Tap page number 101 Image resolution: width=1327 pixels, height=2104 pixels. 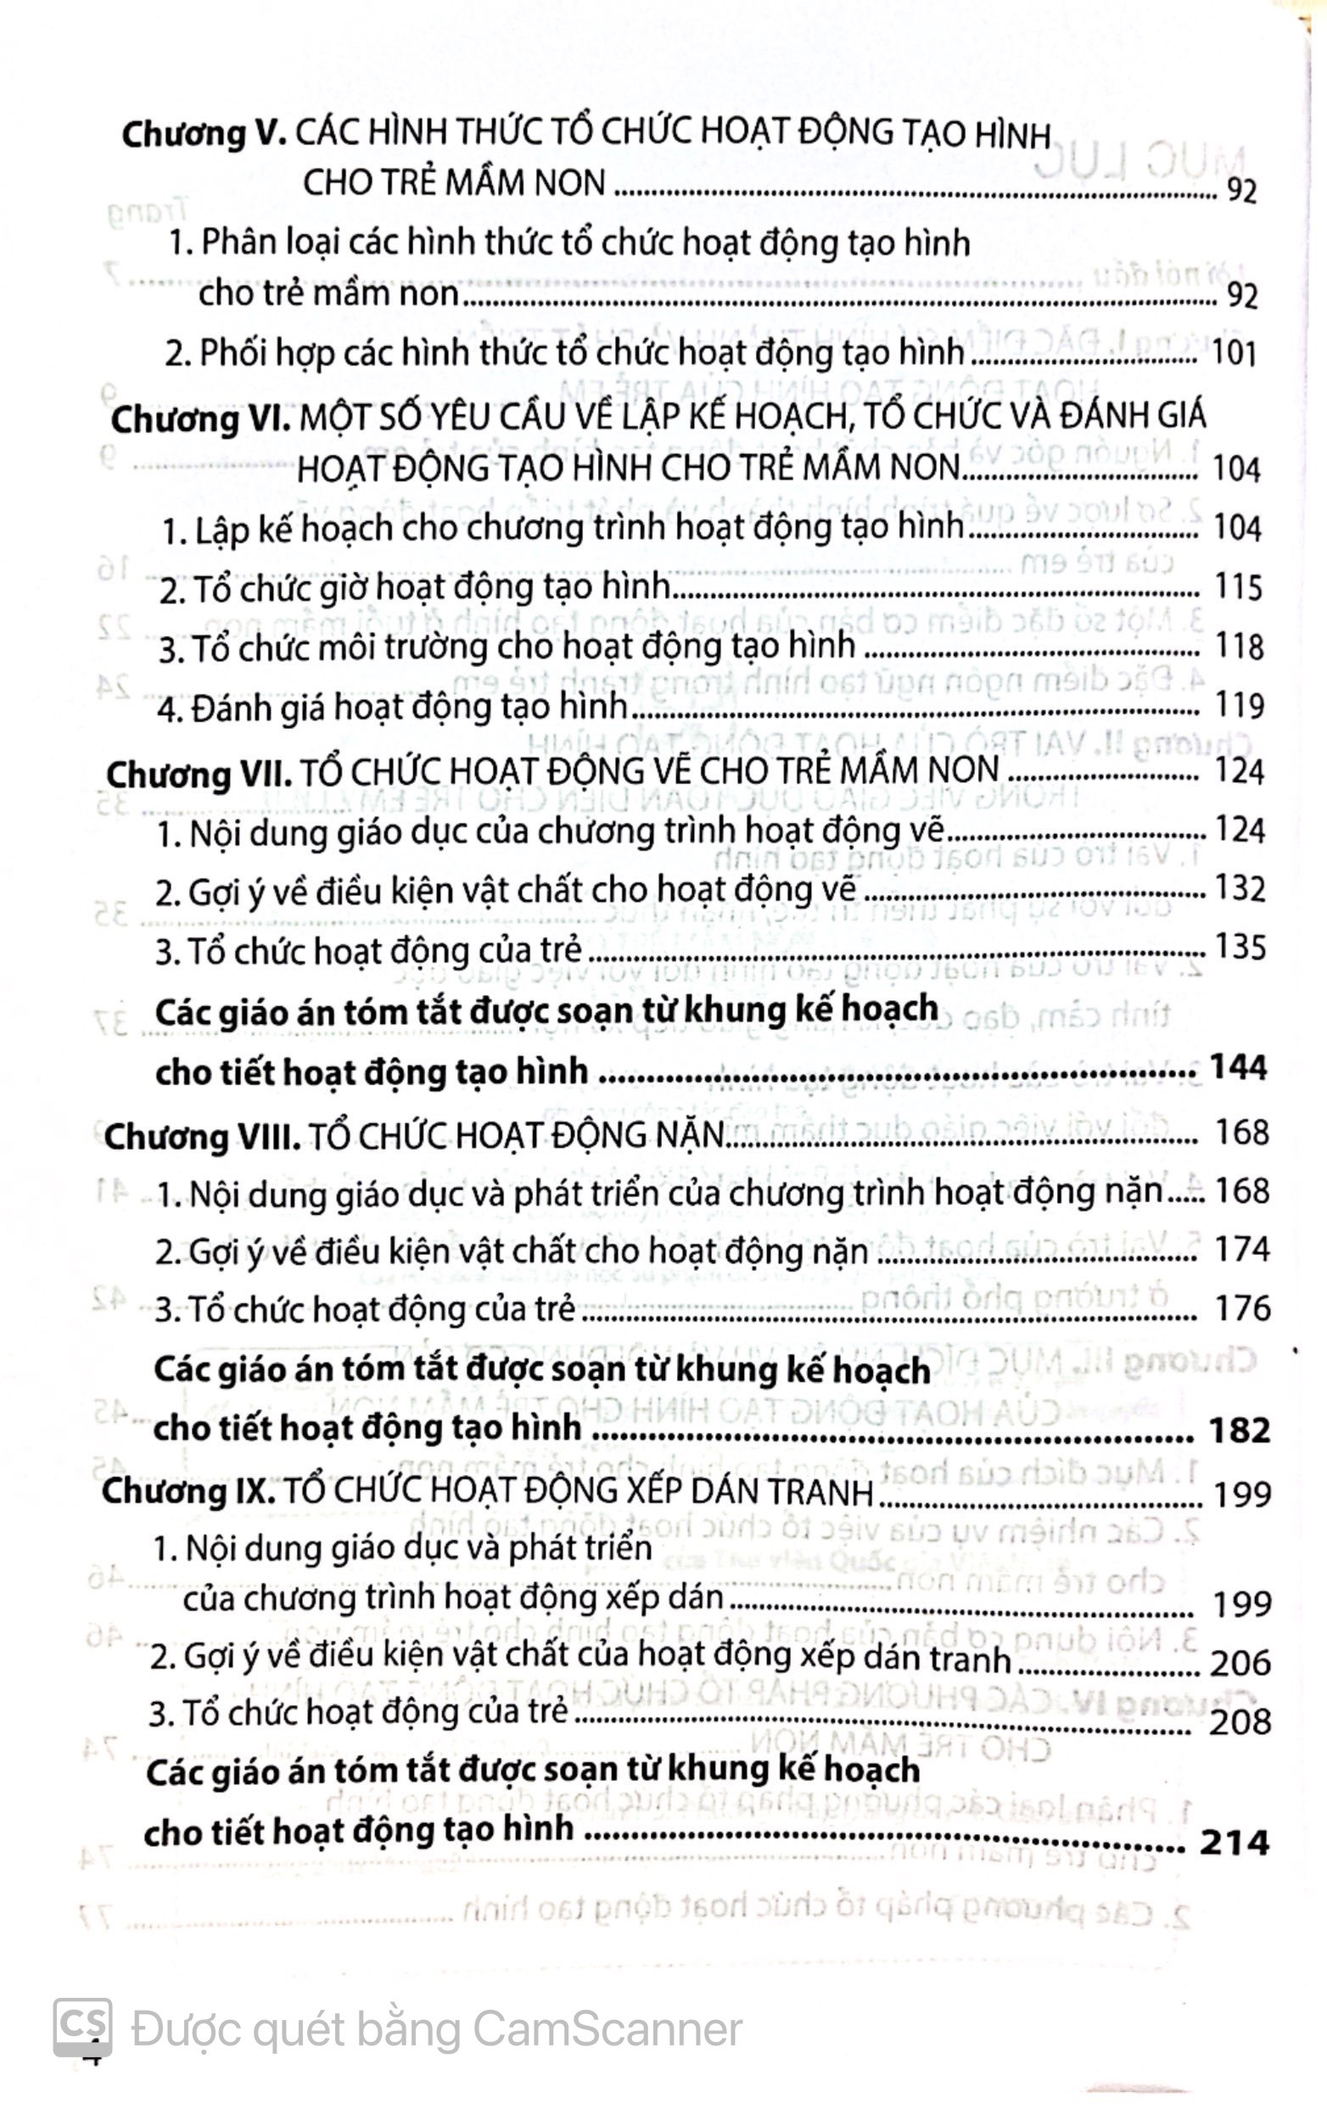(1235, 354)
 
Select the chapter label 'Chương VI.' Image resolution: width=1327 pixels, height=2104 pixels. (200, 419)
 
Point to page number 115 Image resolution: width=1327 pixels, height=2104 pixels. (1239, 587)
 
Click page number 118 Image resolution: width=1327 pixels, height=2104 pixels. (1239, 646)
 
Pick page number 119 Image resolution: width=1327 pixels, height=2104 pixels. (1239, 705)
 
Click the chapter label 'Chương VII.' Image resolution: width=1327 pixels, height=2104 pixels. (198, 772)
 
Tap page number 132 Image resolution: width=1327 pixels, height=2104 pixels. (1240, 889)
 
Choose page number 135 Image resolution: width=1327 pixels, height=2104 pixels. (1240, 948)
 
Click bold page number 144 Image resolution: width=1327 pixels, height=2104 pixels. (1237, 1068)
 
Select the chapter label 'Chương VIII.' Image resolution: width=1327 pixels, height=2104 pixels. (202, 1136)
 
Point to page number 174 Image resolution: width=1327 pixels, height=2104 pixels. (1241, 1251)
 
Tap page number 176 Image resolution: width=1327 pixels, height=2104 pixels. (1241, 1309)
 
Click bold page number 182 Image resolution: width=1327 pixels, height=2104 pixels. (1238, 1430)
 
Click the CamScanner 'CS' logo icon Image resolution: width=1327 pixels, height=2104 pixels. (84, 2027)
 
